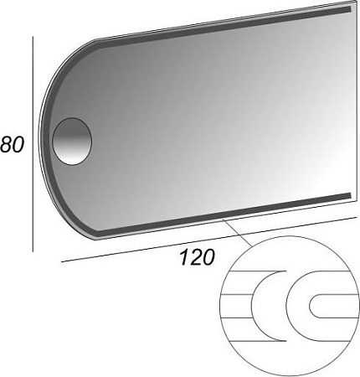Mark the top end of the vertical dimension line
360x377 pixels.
pos(33,38)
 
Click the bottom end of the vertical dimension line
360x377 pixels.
pos(33,250)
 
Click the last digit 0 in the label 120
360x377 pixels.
pos(209,256)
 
